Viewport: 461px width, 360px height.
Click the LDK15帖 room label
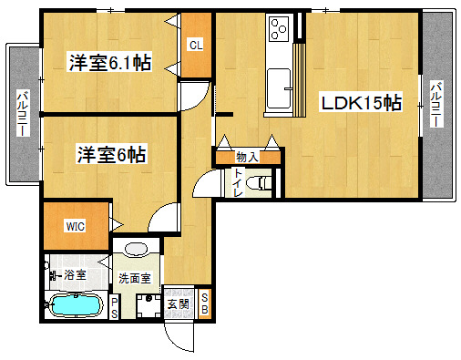pos(361,102)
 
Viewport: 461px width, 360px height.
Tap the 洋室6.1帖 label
pos(109,62)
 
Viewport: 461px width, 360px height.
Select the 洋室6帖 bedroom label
pos(111,154)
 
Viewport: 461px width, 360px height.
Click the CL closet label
pos(196,46)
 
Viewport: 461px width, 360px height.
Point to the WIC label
pos(76,226)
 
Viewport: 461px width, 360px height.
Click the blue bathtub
pos(76,305)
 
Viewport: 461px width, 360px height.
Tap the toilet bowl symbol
pos(259,183)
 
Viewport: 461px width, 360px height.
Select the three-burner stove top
pos(280,29)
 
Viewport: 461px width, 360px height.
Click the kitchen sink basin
pos(278,88)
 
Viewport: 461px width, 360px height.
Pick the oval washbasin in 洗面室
pos(136,249)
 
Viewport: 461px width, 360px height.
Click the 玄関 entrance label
pos(179,304)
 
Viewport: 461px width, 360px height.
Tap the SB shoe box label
pos(205,303)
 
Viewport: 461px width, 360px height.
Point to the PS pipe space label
pos(115,308)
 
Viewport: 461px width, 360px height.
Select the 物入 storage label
pos(247,157)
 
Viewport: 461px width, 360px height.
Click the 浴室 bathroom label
pos(75,274)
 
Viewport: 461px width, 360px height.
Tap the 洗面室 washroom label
pos(134,278)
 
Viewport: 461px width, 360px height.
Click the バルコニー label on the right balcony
pos(436,104)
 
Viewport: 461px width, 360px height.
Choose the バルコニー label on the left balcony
pos(23,113)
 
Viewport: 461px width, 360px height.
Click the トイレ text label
pos(238,182)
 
